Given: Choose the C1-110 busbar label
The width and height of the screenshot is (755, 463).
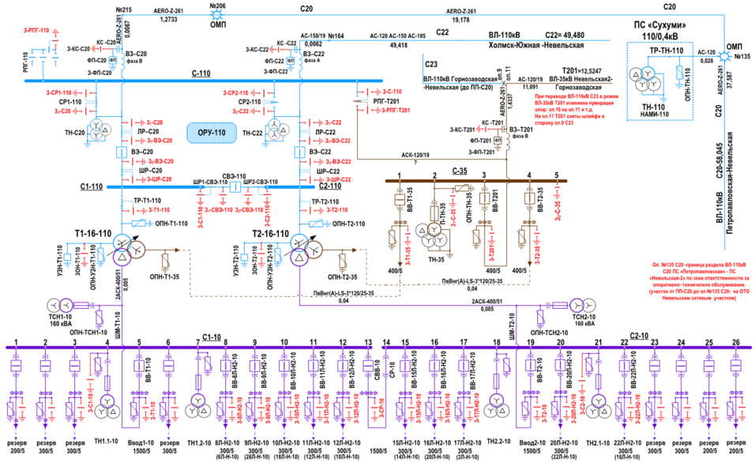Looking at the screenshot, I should [x=92, y=188].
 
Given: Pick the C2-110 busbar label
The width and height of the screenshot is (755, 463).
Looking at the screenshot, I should [x=330, y=186].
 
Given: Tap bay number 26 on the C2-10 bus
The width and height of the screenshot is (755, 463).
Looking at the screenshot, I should [x=736, y=342].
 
